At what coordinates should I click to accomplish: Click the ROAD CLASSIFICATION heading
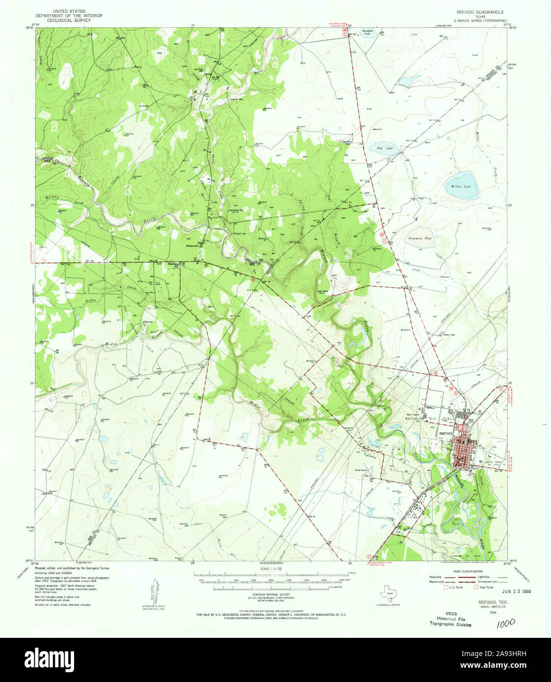[469, 571]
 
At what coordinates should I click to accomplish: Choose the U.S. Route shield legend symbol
[446, 587]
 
